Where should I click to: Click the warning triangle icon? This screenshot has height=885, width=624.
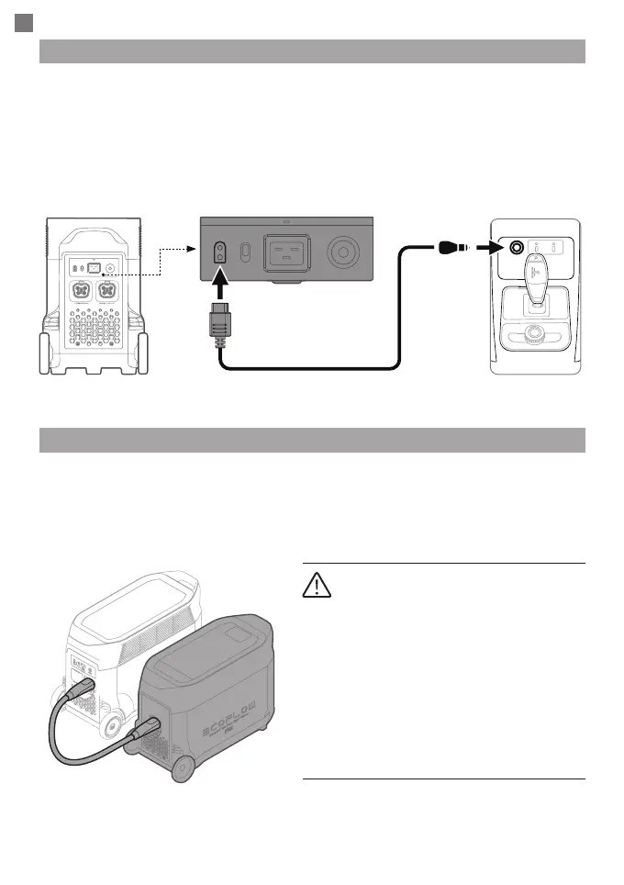point(316,585)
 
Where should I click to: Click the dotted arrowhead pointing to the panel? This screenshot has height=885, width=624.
point(191,248)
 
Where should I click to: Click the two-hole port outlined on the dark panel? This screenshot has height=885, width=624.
point(220,253)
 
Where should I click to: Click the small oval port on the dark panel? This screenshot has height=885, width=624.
point(245,253)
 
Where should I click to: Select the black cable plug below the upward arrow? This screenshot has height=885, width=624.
point(220,323)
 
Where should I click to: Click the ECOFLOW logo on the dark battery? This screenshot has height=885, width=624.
point(236,716)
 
